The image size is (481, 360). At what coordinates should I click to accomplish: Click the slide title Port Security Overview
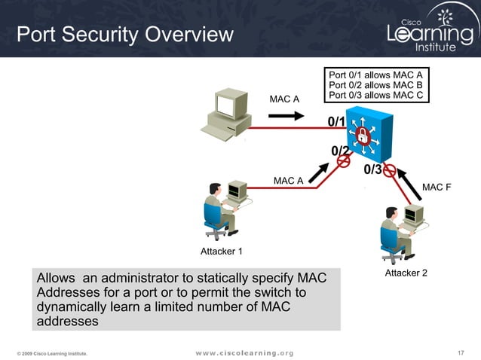pyautogui.click(x=125, y=35)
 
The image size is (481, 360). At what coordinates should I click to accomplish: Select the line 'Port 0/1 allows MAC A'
pyautogui.click(x=375, y=75)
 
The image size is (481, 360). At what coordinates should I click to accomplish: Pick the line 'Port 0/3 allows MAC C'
pyautogui.click(x=375, y=95)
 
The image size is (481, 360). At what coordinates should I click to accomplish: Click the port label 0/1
pyautogui.click(x=336, y=122)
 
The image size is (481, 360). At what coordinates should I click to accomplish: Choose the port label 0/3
pyautogui.click(x=372, y=169)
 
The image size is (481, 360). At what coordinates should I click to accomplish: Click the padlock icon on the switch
pyautogui.click(x=363, y=136)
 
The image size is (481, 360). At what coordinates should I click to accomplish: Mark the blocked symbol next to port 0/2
pyautogui.click(x=343, y=160)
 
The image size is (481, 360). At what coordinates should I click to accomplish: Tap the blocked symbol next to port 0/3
pyautogui.click(x=390, y=171)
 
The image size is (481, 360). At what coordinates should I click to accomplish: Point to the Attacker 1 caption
pyautogui.click(x=222, y=251)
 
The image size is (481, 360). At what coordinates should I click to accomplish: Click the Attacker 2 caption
pyautogui.click(x=406, y=273)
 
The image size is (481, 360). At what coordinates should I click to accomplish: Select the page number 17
pyautogui.click(x=462, y=352)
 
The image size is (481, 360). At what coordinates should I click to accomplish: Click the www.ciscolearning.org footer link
pyautogui.click(x=245, y=352)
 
